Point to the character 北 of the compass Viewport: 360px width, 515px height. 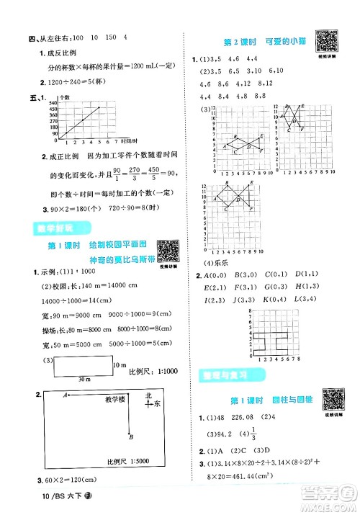(149, 395)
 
